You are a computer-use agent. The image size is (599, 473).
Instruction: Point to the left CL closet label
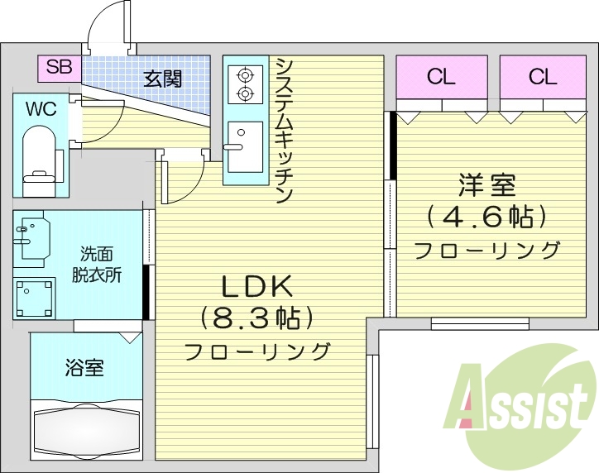[441, 78]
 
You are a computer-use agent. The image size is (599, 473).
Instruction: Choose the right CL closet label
[544, 78]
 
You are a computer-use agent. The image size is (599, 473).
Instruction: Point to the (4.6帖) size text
[486, 217]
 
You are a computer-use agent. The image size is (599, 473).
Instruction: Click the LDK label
[256, 286]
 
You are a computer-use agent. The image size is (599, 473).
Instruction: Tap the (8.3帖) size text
[256, 318]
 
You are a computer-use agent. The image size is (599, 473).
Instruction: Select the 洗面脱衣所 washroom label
[101, 265]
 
